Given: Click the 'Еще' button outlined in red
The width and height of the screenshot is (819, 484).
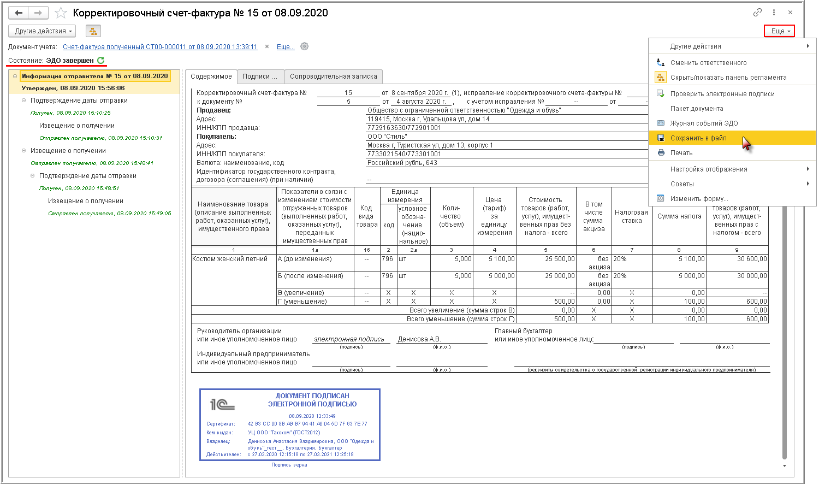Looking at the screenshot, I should pos(779,31).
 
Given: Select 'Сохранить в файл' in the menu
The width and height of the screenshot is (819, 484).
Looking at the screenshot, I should pos(698,138).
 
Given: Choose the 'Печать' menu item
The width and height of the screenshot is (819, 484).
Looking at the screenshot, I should pos(681,153).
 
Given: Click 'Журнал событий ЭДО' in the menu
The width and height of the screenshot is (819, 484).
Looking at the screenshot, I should pos(704,123).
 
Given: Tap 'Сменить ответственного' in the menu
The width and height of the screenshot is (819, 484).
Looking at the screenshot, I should pos(708,63).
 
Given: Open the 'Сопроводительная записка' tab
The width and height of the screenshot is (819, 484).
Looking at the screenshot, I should pos(333,76).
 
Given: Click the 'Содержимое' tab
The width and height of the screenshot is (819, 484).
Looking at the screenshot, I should pos(211,76).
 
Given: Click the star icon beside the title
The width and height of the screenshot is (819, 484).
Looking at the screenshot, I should pos(61,13).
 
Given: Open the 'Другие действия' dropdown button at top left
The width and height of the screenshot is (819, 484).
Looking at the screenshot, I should pos(44,31).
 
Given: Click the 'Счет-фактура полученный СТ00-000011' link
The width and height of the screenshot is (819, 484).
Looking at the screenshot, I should pos(160,47).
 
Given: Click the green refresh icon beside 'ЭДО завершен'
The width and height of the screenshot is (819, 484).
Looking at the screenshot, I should pos(100,60).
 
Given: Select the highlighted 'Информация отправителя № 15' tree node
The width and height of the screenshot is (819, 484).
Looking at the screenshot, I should pos(94,76).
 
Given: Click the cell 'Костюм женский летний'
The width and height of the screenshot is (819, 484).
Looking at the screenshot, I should pos(230,259).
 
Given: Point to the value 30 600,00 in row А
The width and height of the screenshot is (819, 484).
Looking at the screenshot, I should pos(752,259).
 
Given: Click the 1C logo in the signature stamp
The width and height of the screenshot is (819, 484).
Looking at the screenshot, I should pos(222,404).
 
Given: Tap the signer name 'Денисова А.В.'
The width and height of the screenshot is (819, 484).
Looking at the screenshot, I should pos(419,339).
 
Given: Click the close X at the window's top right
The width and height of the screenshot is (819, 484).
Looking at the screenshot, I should pos(790,13).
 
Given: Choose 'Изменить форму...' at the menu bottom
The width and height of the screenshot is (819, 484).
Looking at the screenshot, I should pos(699,199).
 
